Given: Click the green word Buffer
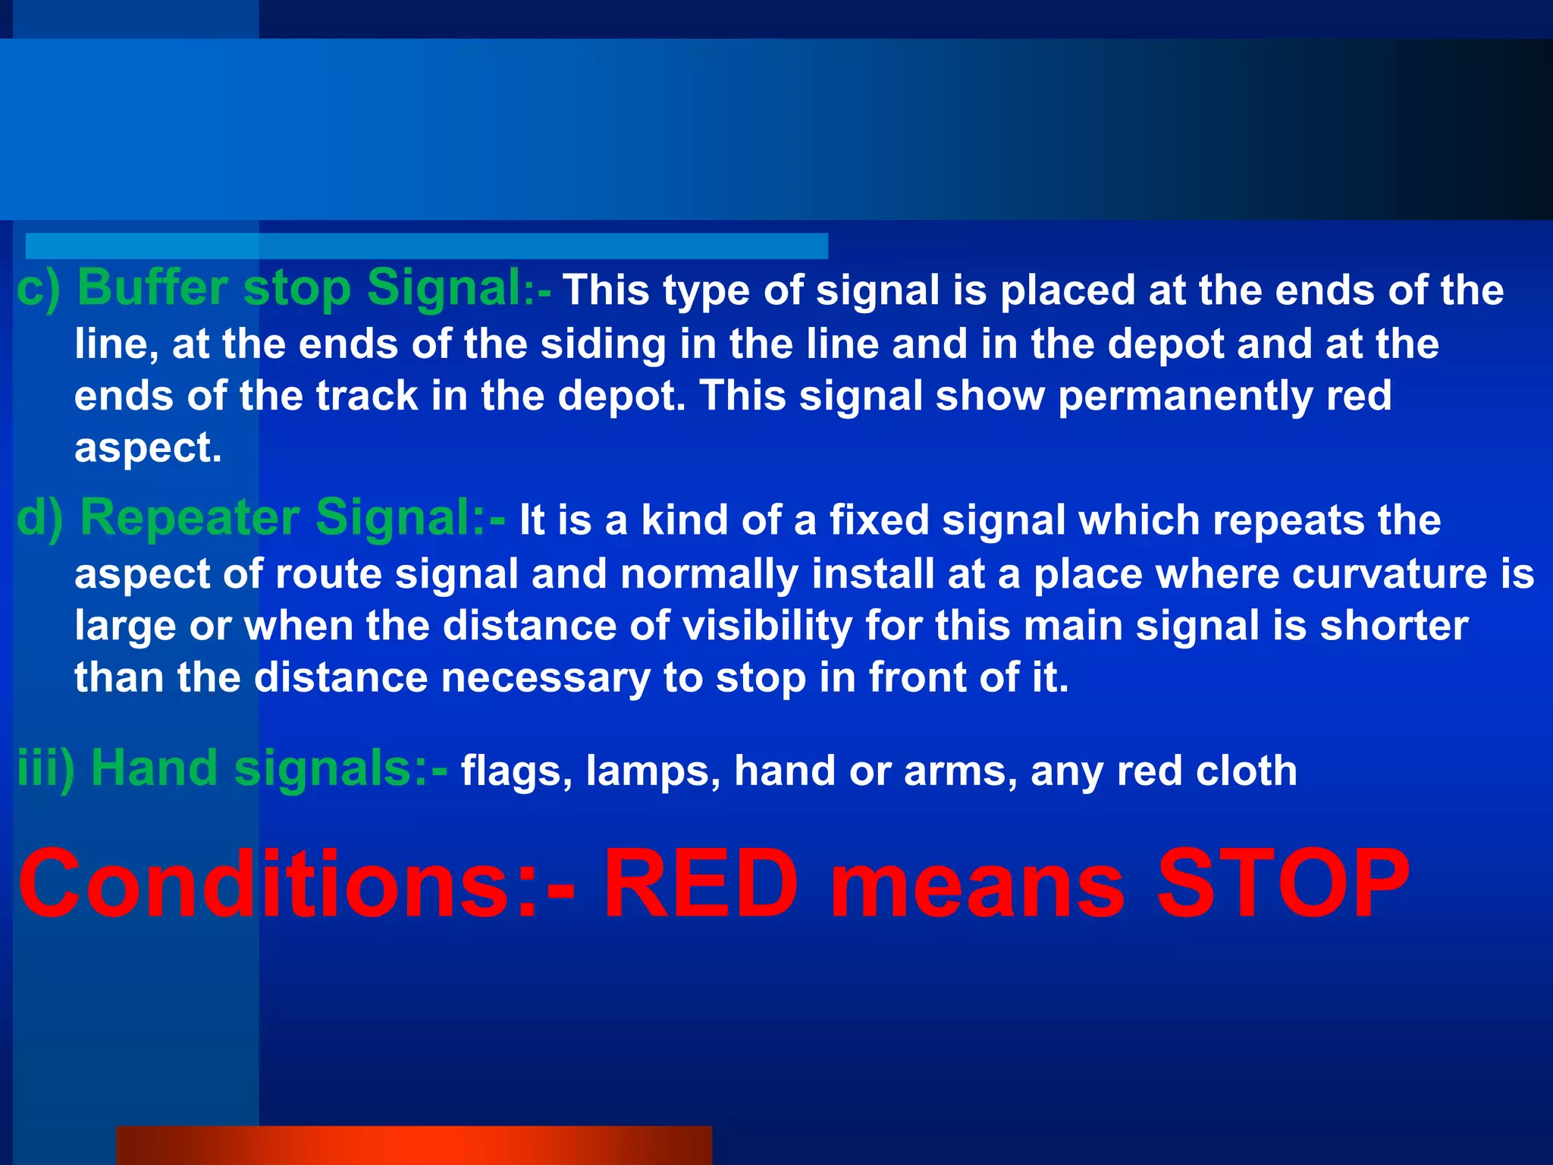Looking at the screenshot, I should (x=152, y=289).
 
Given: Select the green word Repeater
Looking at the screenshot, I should (x=190, y=519).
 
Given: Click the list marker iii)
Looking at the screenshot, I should (x=45, y=768).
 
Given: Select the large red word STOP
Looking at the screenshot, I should (x=1282, y=884).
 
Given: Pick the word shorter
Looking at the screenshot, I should (x=1394, y=626).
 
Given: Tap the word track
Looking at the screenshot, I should (x=367, y=397).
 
